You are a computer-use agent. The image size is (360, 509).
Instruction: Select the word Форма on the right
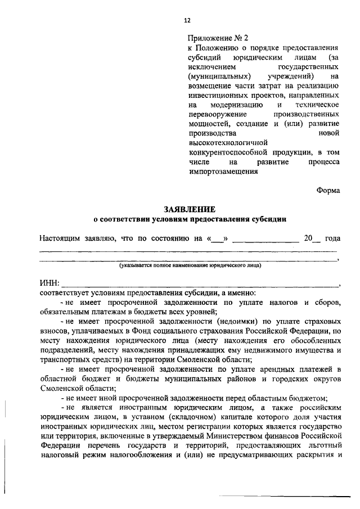click(x=328, y=190)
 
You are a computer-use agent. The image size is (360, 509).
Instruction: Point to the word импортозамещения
click(x=219, y=172)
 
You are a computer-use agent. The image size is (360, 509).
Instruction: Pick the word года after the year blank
click(x=330, y=238)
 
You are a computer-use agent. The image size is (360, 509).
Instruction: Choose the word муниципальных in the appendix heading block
click(x=214, y=76)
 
